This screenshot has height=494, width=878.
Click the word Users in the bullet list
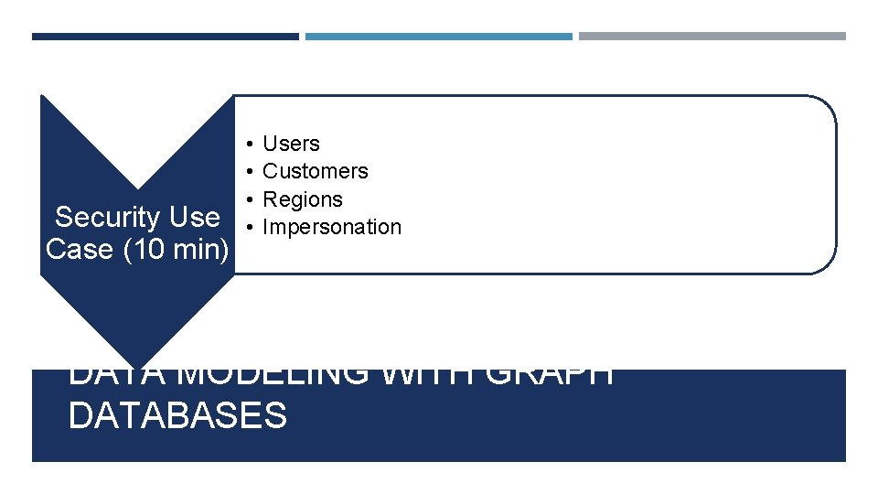291,144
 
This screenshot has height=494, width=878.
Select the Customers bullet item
315,171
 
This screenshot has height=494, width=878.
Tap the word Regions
302,199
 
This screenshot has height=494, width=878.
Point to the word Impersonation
331,227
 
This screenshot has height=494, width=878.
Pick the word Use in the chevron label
196,218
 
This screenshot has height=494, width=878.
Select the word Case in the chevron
79,249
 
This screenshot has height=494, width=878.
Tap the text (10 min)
176,249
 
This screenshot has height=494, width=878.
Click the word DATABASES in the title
177,415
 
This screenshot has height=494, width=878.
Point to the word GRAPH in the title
549,375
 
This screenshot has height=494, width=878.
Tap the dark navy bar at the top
165,37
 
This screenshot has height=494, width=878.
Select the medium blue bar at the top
438,37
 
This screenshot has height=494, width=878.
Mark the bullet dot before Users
249,144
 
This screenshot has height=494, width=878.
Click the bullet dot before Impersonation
249,227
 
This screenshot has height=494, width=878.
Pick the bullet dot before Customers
249,171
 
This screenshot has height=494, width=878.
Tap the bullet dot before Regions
249,199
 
